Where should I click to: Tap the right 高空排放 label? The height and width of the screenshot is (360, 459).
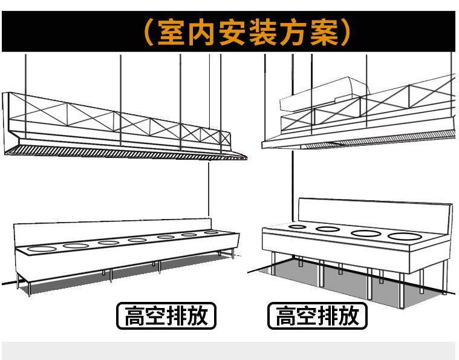coord(317,316)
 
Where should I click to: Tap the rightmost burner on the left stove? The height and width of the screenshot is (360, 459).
coord(210,232)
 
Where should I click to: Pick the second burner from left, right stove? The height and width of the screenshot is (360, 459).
coord(328,229)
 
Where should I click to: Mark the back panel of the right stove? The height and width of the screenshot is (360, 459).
coord(375,211)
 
